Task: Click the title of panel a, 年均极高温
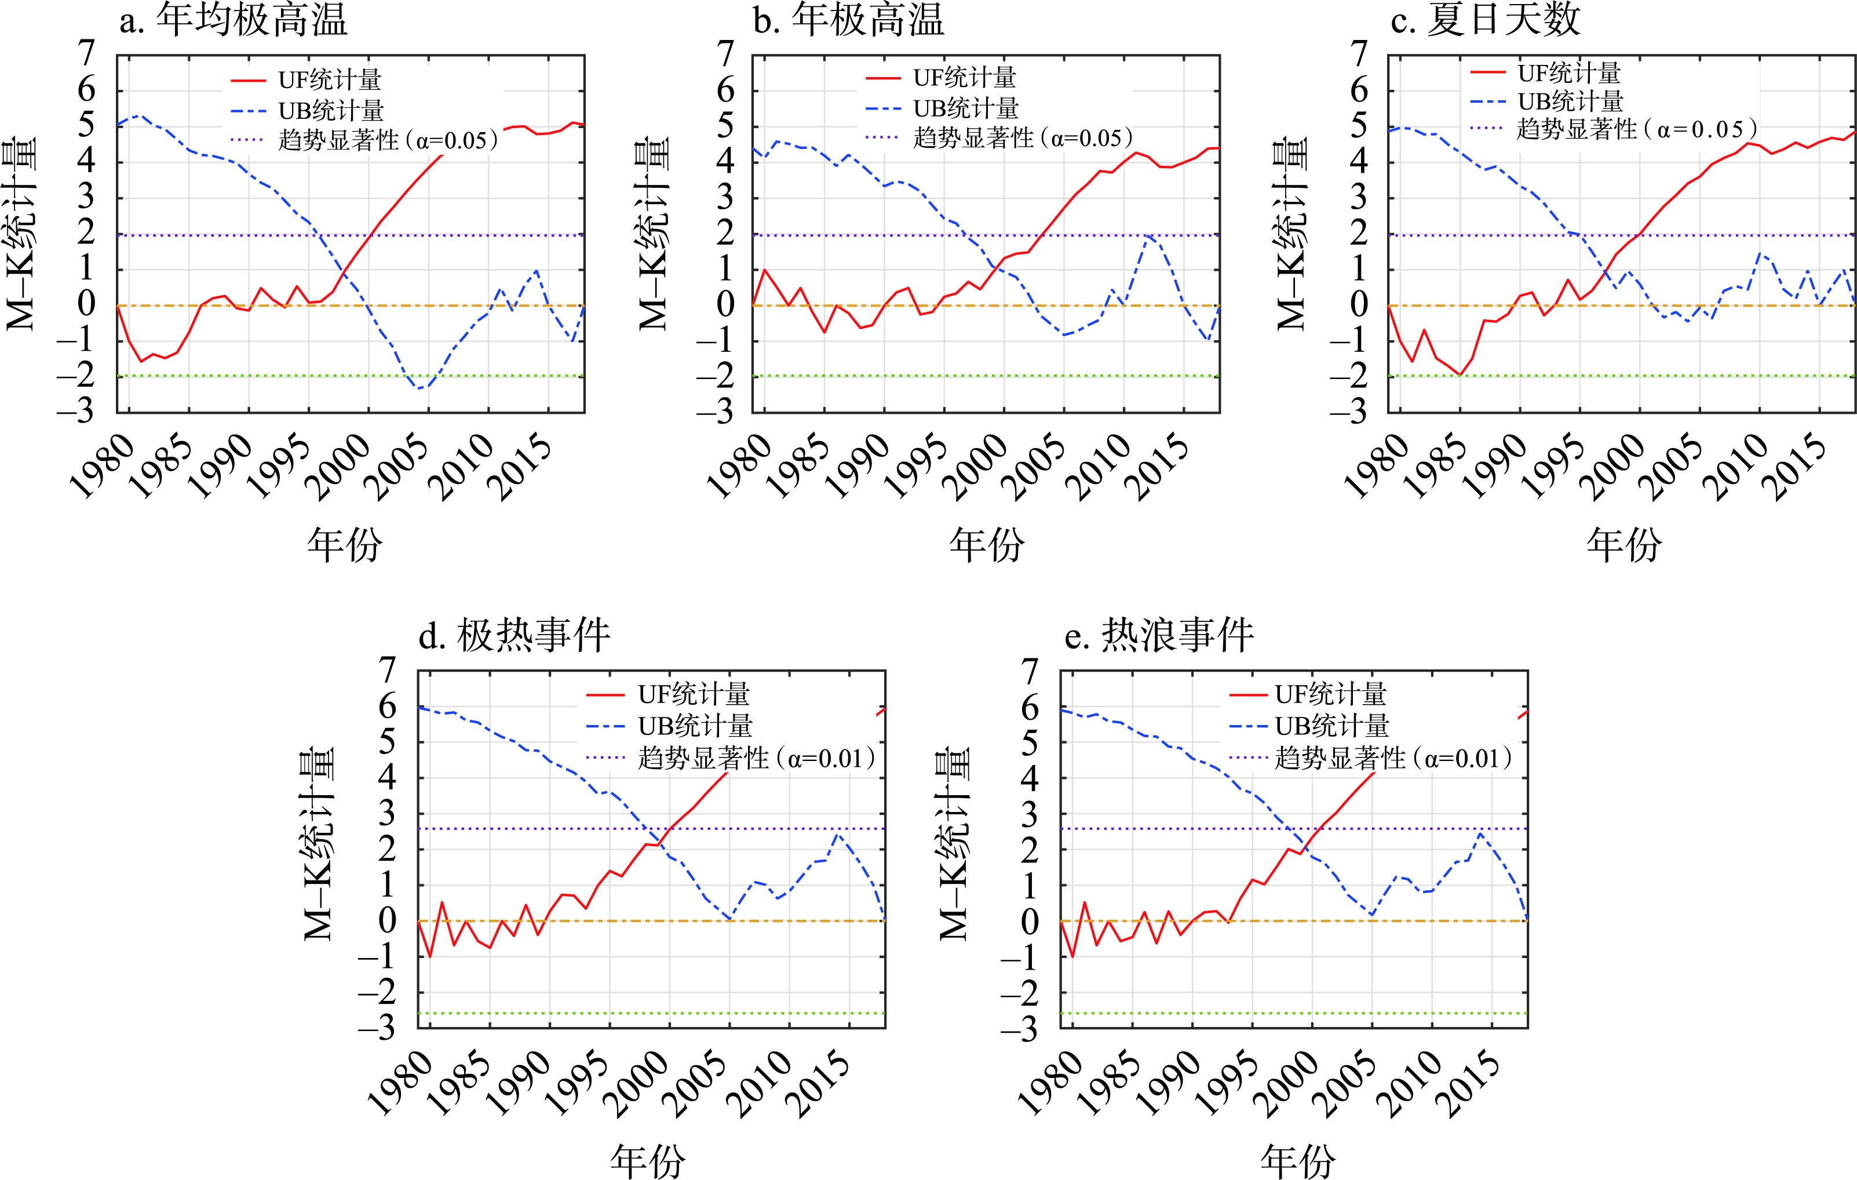pyautogui.click(x=251, y=20)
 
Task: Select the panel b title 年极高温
pyautogui.click(x=867, y=20)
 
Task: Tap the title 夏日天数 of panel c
pyautogui.click(x=1503, y=20)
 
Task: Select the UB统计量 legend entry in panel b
pyautogui.click(x=965, y=109)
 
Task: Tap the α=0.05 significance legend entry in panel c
pyautogui.click(x=1636, y=129)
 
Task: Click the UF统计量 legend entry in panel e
pyautogui.click(x=1330, y=695)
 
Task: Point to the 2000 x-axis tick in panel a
pyautogui.click(x=340, y=467)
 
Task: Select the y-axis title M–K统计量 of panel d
pyautogui.click(x=319, y=844)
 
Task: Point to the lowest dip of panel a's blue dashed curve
pyautogui.click(x=419, y=388)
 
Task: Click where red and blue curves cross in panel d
pyautogui.click(x=658, y=836)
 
